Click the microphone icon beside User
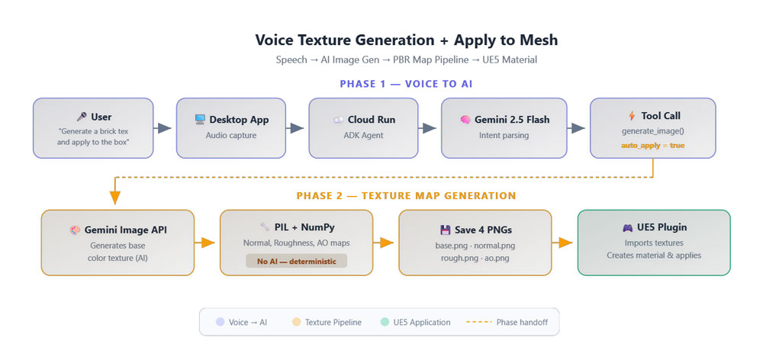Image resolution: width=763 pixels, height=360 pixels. click(82, 117)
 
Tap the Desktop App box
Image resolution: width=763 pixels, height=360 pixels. click(230, 128)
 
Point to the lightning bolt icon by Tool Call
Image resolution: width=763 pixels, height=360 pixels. click(632, 116)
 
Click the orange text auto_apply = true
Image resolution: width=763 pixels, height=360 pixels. click(652, 146)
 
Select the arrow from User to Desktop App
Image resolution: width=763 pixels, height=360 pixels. click(163, 128)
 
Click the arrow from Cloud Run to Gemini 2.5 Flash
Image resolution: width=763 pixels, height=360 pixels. click(428, 128)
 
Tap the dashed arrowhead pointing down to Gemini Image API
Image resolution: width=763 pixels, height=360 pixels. click(115, 198)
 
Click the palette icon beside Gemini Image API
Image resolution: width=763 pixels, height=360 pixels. click(75, 230)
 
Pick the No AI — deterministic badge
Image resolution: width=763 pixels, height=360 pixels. click(296, 262)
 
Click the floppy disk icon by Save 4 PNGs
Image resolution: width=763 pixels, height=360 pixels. click(445, 230)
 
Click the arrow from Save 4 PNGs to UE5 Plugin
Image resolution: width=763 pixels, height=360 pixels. click(565, 243)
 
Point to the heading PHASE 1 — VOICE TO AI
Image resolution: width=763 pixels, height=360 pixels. click(406, 84)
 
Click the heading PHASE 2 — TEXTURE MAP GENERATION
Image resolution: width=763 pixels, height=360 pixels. click(406, 196)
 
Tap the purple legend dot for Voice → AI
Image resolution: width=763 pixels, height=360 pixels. click(220, 322)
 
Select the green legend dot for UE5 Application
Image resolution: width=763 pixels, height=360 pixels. click(385, 322)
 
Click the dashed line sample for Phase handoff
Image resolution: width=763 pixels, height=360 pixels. click(478, 322)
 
